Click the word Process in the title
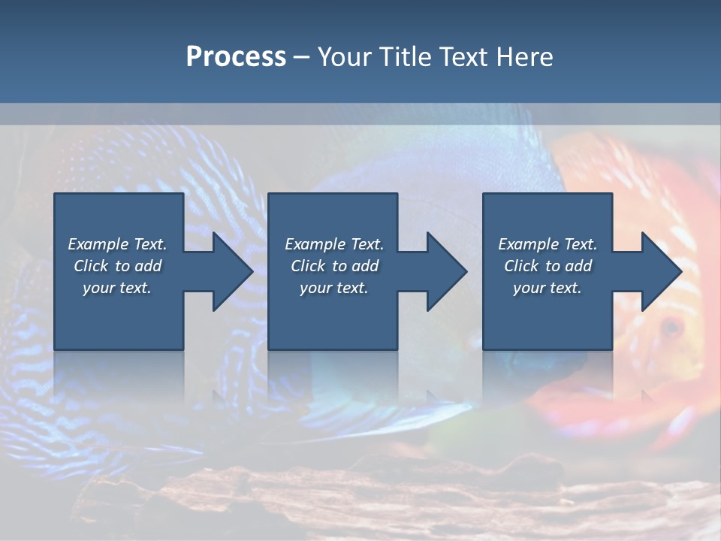pos(236,56)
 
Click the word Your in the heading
pos(345,56)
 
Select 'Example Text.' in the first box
pos(117,244)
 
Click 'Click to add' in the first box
pos(117,266)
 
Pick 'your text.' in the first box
pos(117,288)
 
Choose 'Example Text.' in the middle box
pos(334,244)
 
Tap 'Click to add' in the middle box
pos(334,266)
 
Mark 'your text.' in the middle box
pos(334,288)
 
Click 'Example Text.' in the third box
pos(548,244)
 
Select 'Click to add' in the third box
pos(548,266)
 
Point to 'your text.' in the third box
pos(548,288)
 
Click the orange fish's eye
pos(671,327)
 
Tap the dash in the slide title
pos(301,57)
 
